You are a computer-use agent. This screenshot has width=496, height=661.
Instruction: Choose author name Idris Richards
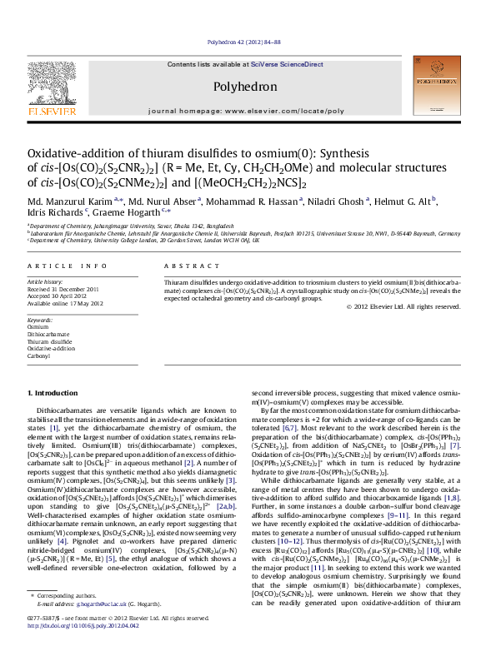click(51, 213)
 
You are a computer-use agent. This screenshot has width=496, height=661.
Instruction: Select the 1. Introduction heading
click(53, 392)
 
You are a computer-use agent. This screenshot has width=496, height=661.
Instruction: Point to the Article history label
click(46, 282)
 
